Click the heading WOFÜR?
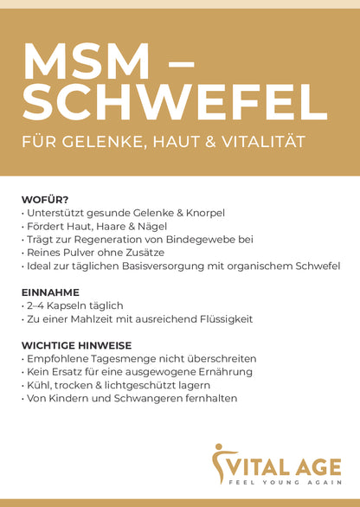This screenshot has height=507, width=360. [45, 199]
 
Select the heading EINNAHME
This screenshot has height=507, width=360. [50, 292]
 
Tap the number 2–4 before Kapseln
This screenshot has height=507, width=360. [37, 305]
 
